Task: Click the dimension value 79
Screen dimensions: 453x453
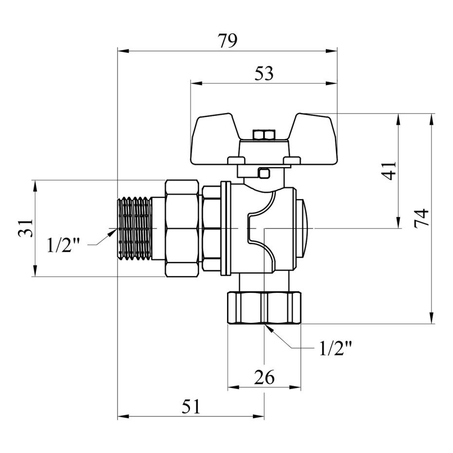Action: (227, 41)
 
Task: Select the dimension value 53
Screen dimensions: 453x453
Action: (264, 74)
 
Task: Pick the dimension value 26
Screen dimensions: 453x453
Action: (264, 377)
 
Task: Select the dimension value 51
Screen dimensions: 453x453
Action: (191, 406)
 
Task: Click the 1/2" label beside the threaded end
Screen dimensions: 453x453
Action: (63, 245)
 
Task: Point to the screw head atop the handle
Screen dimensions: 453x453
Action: (264, 134)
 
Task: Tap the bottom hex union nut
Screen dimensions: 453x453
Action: (264, 307)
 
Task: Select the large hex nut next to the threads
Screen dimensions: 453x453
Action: (182, 228)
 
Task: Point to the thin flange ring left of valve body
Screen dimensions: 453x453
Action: (225, 228)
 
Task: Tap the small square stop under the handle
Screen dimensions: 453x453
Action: (264, 172)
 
